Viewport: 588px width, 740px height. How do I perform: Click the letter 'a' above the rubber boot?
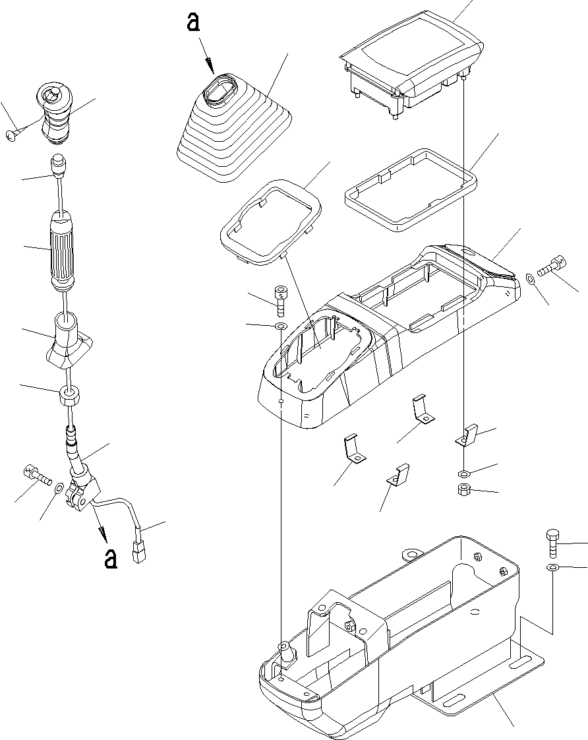pos(192,24)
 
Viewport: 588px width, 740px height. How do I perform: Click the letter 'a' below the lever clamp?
pos(111,558)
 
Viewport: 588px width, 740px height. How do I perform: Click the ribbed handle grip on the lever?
pos(65,249)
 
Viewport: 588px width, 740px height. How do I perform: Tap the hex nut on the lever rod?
pos(69,396)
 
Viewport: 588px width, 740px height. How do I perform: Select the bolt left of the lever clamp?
pos(37,474)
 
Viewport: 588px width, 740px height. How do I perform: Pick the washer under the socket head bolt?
pos(279,326)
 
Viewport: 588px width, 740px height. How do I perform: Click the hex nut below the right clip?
pos(464,490)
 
